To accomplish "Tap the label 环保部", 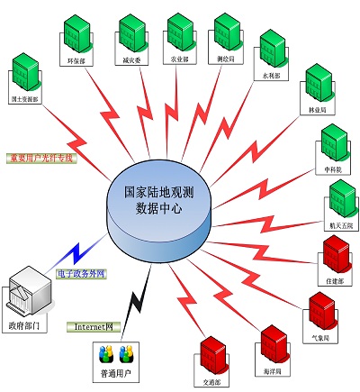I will point(76,62).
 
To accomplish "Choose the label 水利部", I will point(272,77).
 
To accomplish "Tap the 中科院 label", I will point(332,170).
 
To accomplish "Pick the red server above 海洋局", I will point(272,343).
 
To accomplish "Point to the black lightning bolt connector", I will point(136,303).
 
